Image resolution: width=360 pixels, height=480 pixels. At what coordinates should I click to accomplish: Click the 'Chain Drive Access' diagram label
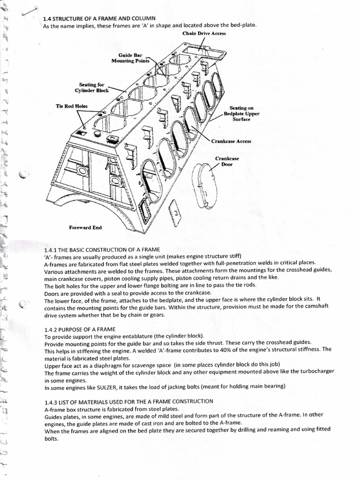pos(204,34)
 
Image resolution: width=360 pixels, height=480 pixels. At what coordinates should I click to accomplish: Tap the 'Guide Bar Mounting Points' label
pos(130,58)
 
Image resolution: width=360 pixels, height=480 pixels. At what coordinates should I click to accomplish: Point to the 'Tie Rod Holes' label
pos(71,106)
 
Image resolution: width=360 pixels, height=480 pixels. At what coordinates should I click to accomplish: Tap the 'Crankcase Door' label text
pos(227,161)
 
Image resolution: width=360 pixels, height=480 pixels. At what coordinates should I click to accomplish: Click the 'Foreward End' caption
pos(85,228)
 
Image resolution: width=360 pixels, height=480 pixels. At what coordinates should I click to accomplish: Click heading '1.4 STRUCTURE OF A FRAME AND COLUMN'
pos(95,19)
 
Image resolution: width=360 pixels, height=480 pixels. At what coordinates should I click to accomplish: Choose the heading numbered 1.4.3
pos(128,401)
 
